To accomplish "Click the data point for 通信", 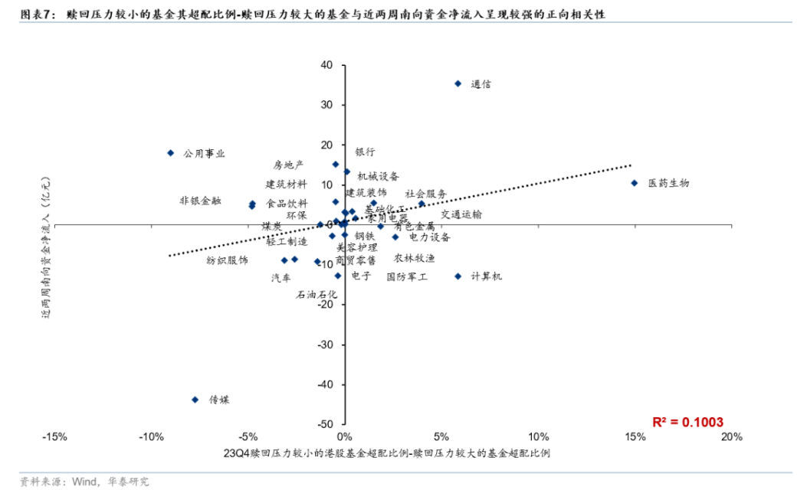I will click(458, 83).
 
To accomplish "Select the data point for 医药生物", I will click(634, 183).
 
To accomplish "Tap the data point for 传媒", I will click(195, 400).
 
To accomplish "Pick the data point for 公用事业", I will click(171, 153).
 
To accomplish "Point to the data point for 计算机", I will click(458, 276).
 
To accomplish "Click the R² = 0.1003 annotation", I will click(687, 422).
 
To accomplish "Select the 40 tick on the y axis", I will click(326, 65).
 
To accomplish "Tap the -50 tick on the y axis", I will click(324, 424).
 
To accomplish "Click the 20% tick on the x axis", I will click(731, 437).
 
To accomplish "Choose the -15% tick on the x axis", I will click(54, 437).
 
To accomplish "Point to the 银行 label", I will click(365, 152).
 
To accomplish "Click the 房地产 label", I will click(288, 165).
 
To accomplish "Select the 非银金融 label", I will click(200, 201).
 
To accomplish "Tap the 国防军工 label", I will click(407, 276).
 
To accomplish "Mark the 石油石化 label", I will click(317, 294).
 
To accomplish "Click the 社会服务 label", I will click(425, 194).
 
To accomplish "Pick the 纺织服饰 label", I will click(227, 260).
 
